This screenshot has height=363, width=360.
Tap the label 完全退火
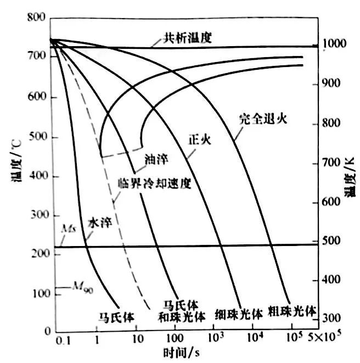coord(263,117)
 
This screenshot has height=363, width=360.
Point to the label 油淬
coord(156,159)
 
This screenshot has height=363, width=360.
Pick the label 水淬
coord(101,225)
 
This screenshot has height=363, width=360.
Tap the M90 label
coord(80,287)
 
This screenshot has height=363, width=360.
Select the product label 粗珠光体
coord(292,311)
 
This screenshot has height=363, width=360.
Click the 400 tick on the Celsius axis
coord(36,176)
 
